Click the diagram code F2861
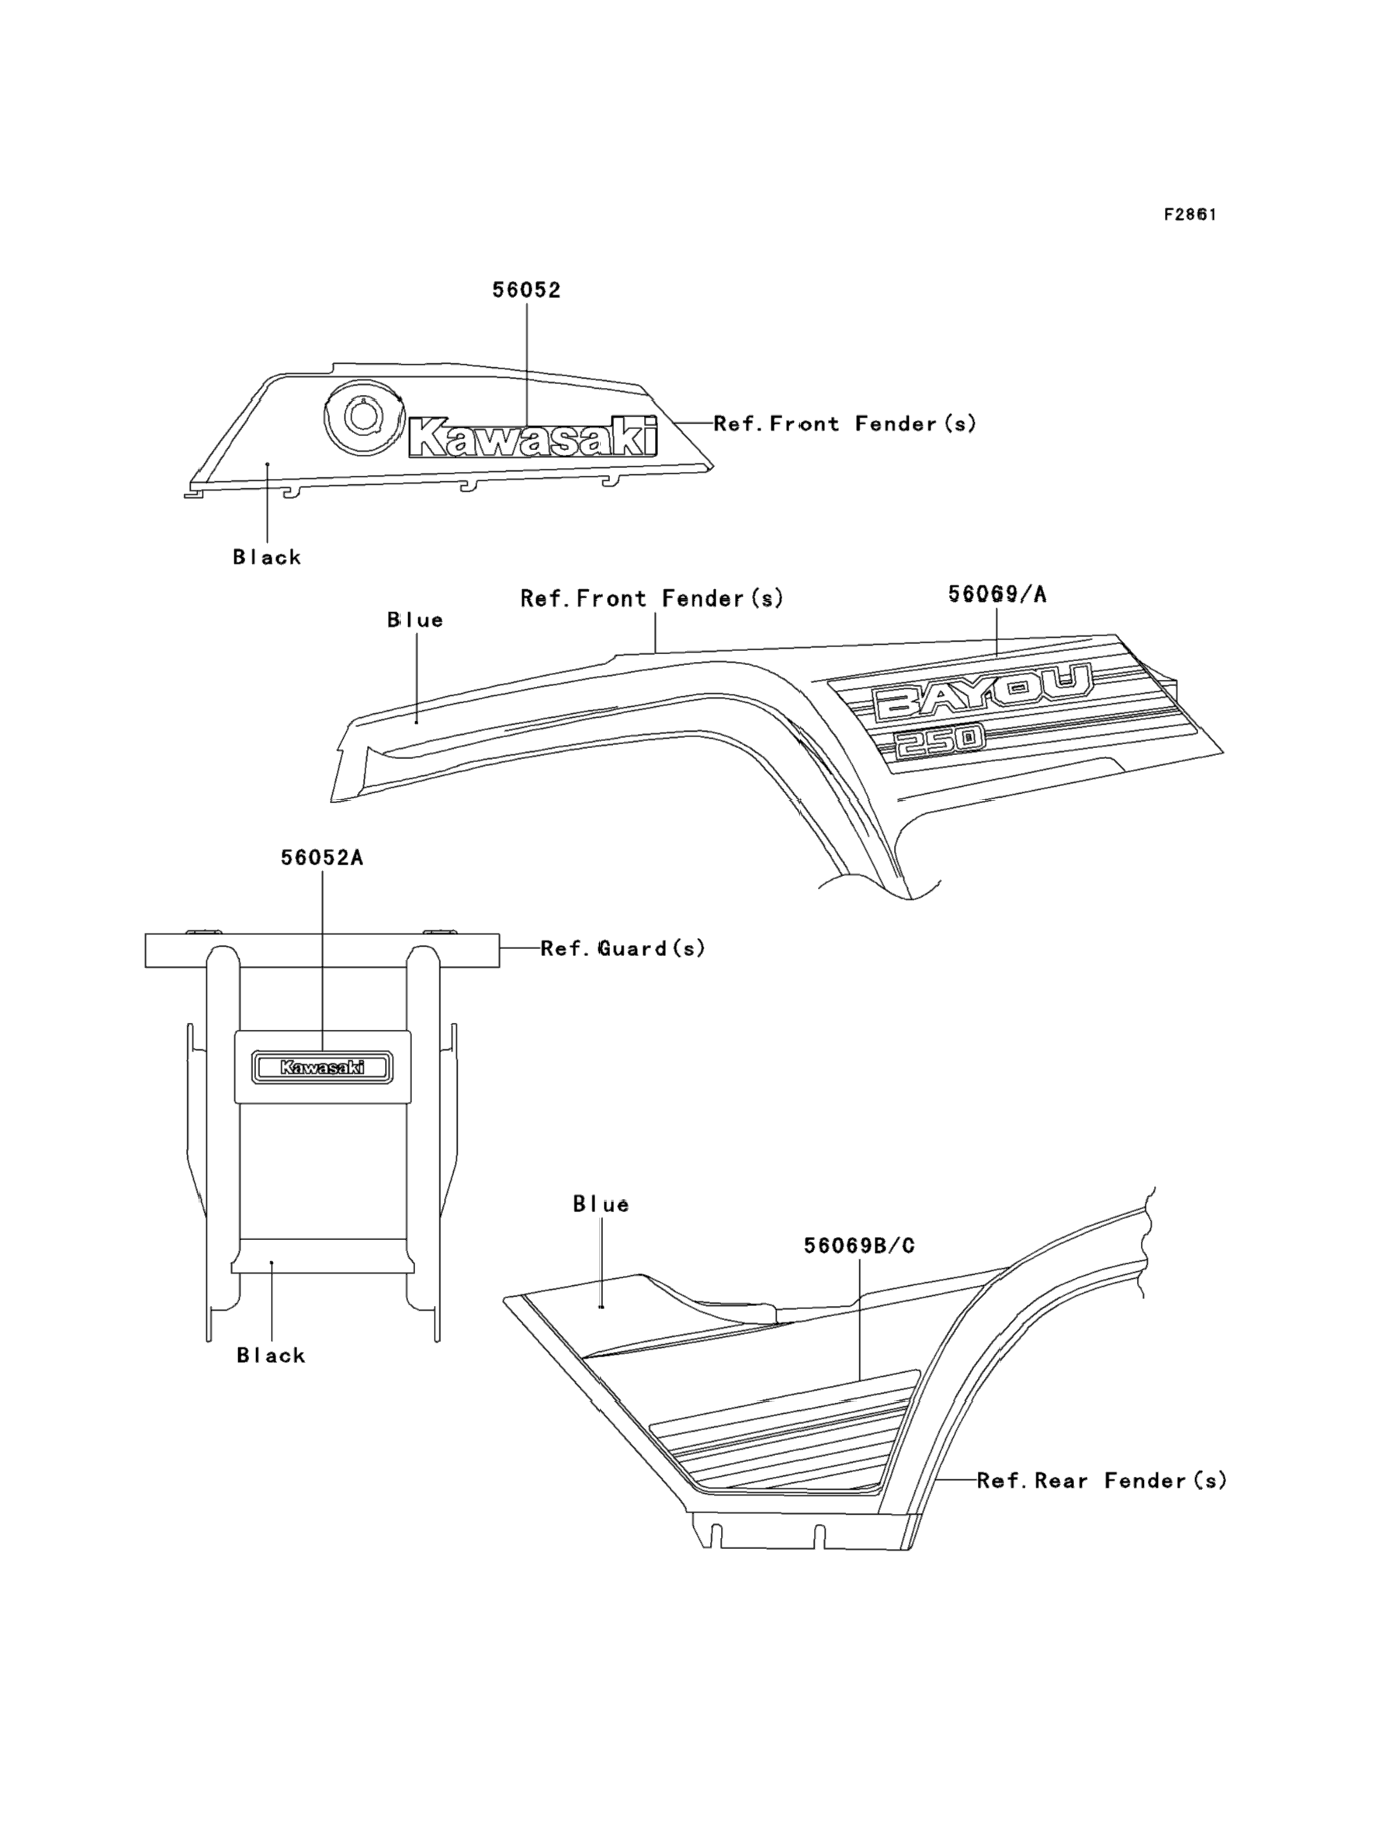[x=1190, y=215]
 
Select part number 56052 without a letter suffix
[x=526, y=290]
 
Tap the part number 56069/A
[x=996, y=594]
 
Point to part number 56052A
[x=321, y=858]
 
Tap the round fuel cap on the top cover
[x=362, y=418]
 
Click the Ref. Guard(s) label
[x=622, y=948]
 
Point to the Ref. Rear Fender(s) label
[x=1102, y=1481]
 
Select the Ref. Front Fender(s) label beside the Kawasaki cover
[x=844, y=424]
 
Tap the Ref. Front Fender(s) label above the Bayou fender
[x=652, y=598]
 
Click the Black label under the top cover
[x=267, y=557]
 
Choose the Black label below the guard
[x=271, y=1356]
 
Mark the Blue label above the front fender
[x=415, y=620]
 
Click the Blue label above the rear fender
[x=601, y=1204]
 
